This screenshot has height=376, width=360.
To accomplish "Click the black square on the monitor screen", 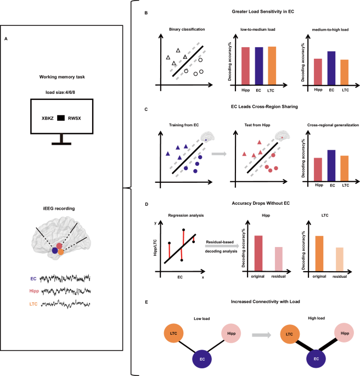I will pos(62,117).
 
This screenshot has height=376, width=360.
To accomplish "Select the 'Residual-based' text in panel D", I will pos(220,242).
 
